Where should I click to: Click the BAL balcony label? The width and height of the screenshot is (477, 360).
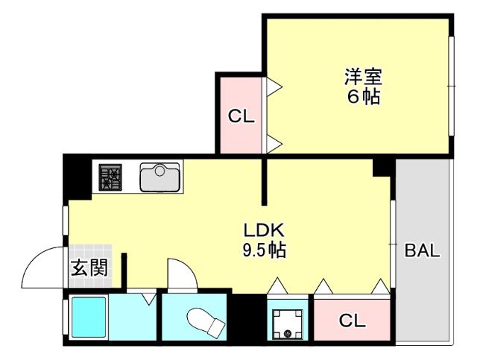pyautogui.click(x=423, y=250)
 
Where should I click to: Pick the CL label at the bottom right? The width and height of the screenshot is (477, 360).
pyautogui.click(x=353, y=321)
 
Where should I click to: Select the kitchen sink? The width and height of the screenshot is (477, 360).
pyautogui.click(x=159, y=178)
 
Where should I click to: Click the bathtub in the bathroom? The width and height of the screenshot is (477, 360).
pyautogui.click(x=89, y=318)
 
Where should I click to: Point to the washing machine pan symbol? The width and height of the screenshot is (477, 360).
pyautogui.click(x=287, y=322)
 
